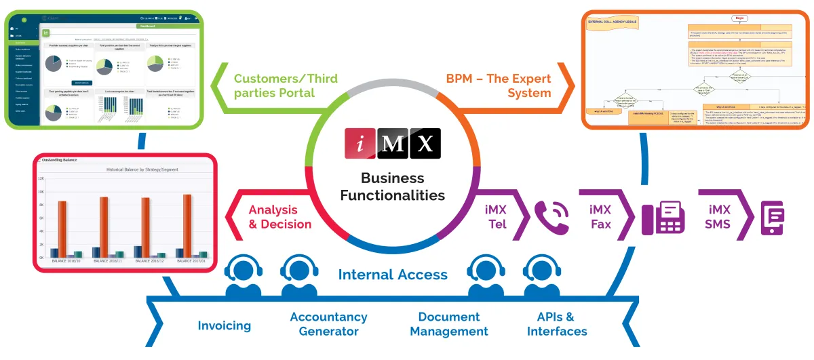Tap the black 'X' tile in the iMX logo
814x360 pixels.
(x=425, y=143)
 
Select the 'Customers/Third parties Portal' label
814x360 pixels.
(x=274, y=85)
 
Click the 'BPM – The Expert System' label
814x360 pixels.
(x=499, y=85)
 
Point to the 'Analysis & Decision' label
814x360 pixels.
(x=280, y=217)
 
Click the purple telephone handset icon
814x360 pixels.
(x=551, y=216)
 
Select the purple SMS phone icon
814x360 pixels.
(x=774, y=218)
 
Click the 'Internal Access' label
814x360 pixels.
(x=393, y=275)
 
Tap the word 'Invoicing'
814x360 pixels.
(x=225, y=325)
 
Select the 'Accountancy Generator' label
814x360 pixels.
(x=328, y=324)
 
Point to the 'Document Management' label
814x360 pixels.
(x=449, y=324)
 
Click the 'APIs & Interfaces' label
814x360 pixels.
(x=557, y=324)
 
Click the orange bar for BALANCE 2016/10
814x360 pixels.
(x=62, y=229)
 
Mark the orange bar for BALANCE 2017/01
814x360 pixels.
(x=187, y=226)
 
